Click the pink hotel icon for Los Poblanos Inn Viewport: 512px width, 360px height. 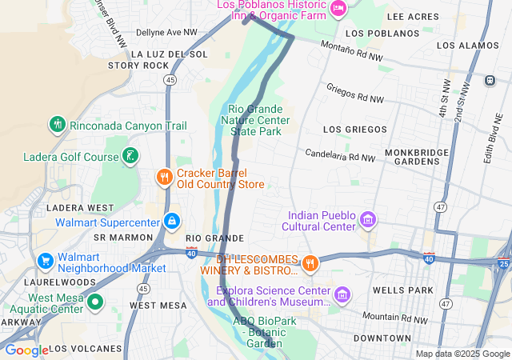point(338,9)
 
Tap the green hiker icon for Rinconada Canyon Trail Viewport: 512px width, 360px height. point(57,125)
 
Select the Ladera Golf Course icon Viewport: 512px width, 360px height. point(129,155)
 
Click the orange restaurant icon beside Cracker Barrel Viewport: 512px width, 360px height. point(164,177)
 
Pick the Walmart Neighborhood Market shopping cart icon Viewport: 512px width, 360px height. point(46,261)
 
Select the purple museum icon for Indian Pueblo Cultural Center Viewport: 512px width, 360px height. point(368,219)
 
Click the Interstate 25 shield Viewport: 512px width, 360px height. point(503,263)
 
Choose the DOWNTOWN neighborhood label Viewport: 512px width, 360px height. point(382,338)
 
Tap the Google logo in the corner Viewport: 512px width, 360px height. point(26,350)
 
